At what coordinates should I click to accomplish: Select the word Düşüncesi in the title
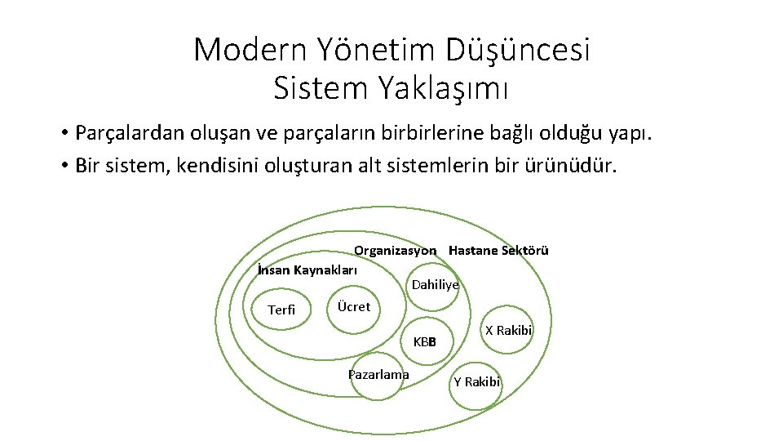518,51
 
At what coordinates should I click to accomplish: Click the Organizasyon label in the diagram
395,251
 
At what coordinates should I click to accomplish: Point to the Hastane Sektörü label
498,251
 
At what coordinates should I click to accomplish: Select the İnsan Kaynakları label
307,269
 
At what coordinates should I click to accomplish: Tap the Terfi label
281,310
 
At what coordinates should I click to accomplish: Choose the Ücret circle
353,308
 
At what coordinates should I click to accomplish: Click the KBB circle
425,341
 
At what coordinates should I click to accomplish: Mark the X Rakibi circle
508,331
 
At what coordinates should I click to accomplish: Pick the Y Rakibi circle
476,382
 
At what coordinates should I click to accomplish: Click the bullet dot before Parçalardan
63,133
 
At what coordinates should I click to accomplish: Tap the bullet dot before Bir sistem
63,167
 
